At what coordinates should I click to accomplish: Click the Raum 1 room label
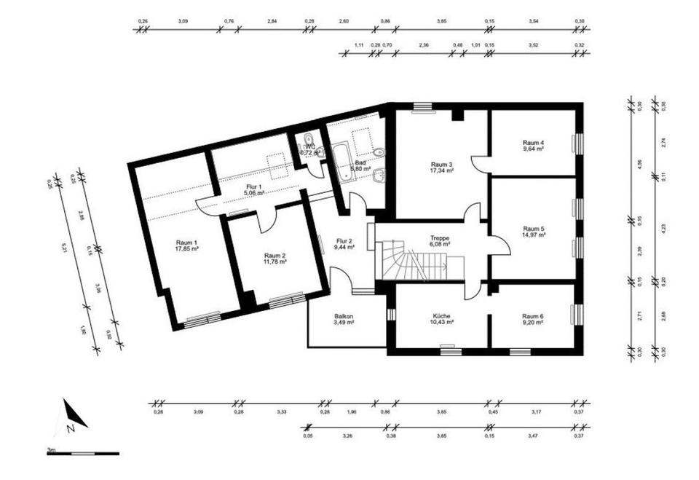[186, 243]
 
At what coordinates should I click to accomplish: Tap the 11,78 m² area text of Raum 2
[275, 261]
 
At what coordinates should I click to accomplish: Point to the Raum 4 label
[533, 142]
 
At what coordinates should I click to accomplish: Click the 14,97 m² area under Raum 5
[533, 235]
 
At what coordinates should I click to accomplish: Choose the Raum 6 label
[533, 316]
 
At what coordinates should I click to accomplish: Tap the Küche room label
[441, 316]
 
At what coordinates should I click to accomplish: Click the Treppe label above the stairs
[439, 238]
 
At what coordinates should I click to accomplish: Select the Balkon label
[344, 316]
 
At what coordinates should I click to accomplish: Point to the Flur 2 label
[344, 240]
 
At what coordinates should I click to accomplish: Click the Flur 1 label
[253, 188]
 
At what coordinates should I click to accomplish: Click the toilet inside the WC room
[309, 141]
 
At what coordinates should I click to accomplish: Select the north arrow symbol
[73, 417]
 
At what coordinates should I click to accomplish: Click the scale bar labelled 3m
[82, 453]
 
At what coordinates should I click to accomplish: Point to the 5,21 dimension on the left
[64, 245]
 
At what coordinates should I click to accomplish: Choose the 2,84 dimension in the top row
[272, 22]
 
